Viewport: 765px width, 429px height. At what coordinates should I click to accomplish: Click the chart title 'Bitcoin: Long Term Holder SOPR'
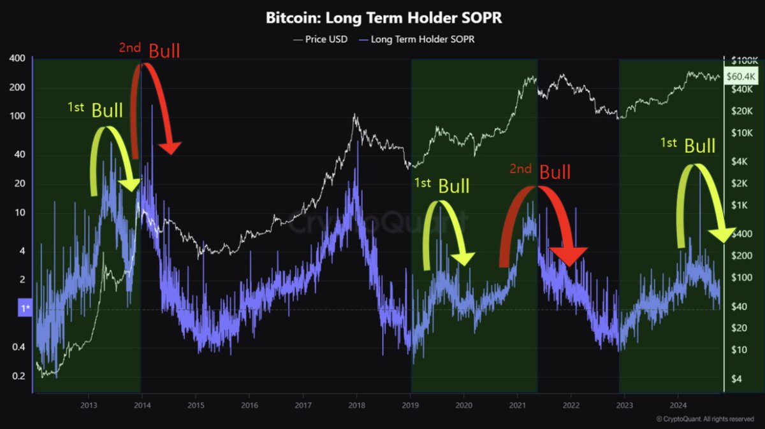pos(383,18)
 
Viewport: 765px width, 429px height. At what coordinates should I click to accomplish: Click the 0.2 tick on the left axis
pos(17,376)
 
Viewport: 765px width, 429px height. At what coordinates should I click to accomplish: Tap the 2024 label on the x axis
pos(679,405)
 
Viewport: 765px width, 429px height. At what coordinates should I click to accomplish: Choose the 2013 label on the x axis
pos(89,405)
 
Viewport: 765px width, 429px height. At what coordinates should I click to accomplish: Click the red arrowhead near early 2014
pos(170,148)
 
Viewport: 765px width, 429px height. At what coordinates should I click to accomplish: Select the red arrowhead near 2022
pos(569,256)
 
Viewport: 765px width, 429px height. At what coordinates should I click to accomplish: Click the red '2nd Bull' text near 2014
pos(149,50)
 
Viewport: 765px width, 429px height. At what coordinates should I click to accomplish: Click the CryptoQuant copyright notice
pos(706,419)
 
